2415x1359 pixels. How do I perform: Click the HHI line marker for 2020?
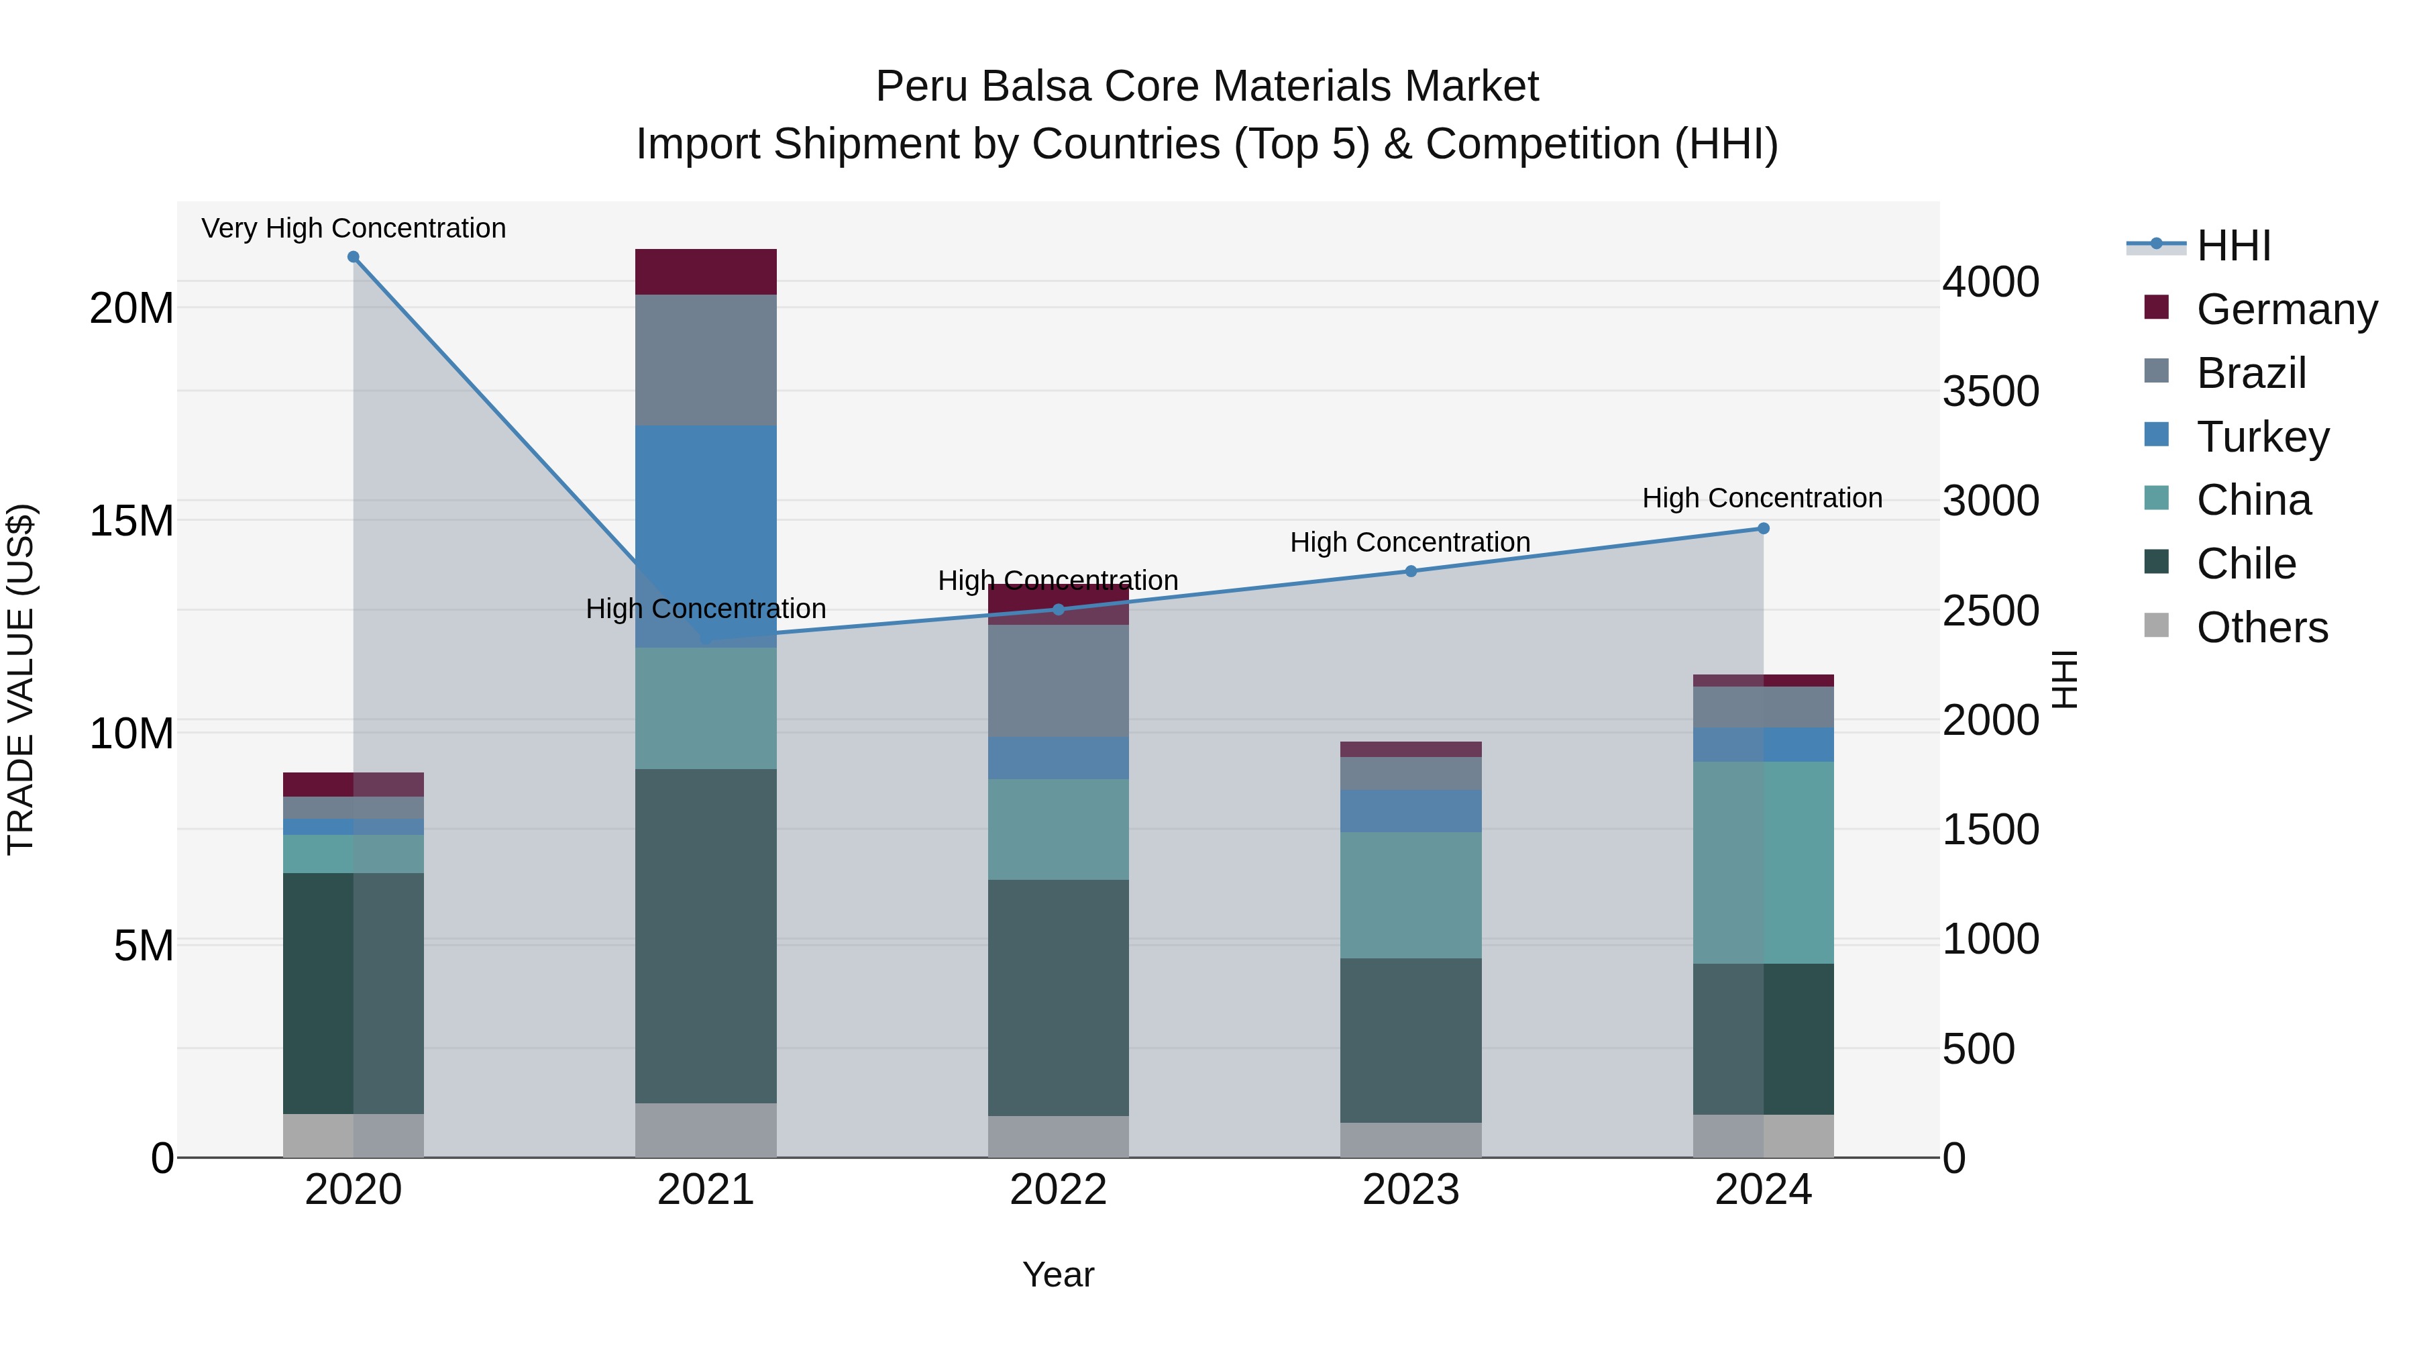354,257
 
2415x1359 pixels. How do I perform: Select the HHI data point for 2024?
1762,529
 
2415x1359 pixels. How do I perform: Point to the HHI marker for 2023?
1410,571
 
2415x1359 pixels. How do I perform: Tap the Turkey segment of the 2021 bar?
706,525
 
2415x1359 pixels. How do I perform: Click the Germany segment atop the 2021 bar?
706,272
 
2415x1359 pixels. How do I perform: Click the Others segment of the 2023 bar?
1410,1140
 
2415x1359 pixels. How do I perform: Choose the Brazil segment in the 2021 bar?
706,360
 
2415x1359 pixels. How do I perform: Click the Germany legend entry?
2286,309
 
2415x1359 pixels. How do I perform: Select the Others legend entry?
2261,627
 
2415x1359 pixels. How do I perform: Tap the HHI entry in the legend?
2233,246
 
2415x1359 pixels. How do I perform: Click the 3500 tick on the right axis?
1990,391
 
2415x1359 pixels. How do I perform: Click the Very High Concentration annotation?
354,228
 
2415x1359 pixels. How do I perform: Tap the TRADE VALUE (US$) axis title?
21,679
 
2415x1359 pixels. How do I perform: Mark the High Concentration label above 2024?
1762,498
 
